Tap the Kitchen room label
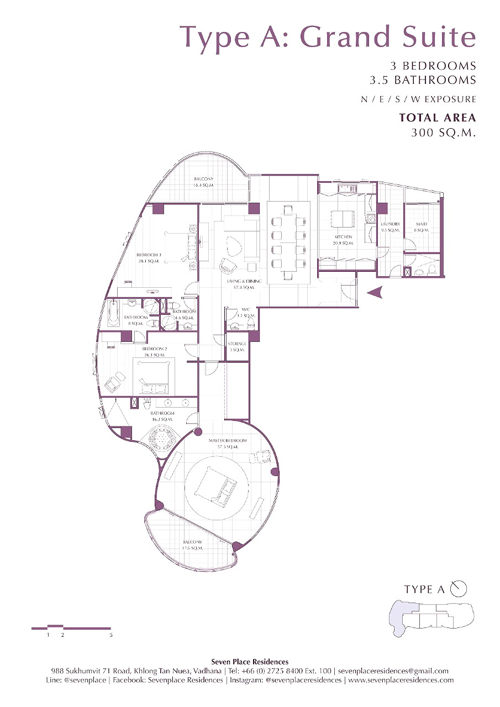[x=343, y=240]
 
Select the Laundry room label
[x=390, y=226]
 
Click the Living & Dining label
[x=244, y=284]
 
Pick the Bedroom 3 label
[x=149, y=257]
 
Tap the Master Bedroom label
[x=227, y=443]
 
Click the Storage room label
[x=237, y=347]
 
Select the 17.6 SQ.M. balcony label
[x=193, y=545]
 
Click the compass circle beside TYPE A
[x=459, y=589]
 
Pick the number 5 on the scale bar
[x=111, y=635]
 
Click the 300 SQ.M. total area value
[x=444, y=133]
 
